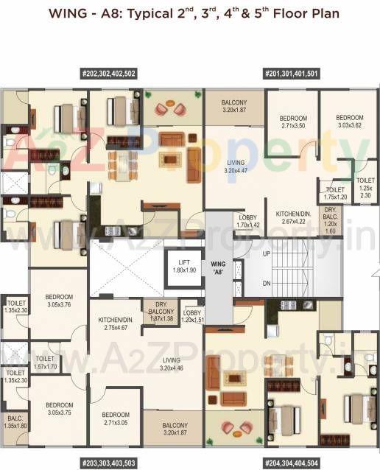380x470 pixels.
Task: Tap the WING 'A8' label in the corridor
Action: tap(218, 266)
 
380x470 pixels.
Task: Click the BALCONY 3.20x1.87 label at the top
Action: tap(234, 106)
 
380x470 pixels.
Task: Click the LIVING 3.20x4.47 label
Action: tap(235, 166)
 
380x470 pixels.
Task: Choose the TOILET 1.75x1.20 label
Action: tap(335, 193)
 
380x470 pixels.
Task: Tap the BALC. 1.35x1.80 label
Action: tap(14, 421)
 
